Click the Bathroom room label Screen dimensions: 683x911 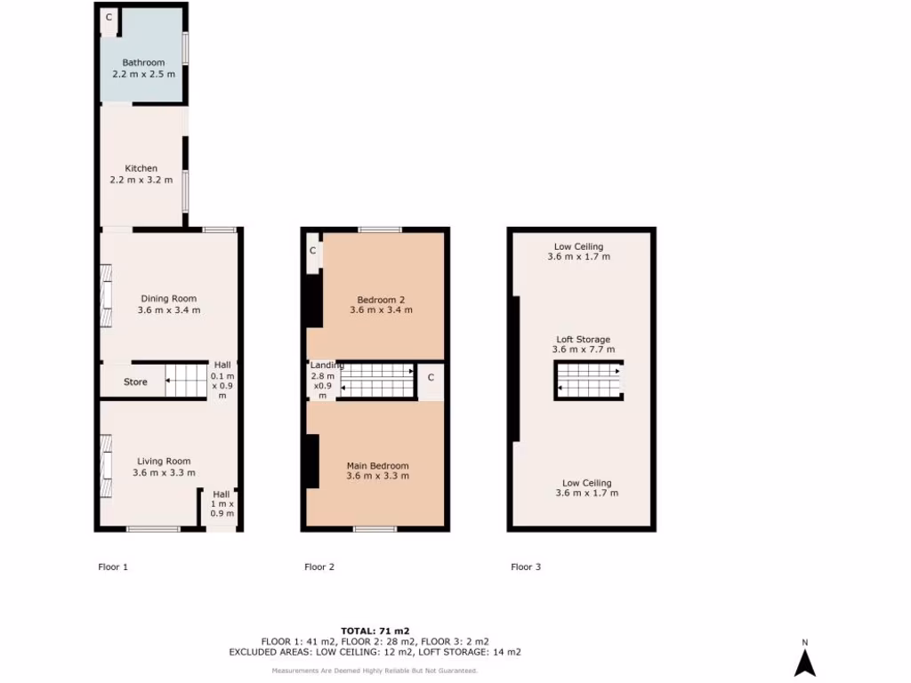pos(143,62)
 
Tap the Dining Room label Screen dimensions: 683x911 pos(168,299)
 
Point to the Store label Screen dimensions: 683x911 pos(135,382)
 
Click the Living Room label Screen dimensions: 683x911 pos(164,461)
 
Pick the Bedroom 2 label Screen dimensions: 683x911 pos(381,299)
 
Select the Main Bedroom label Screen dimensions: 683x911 pos(377,466)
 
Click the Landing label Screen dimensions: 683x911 pos(327,366)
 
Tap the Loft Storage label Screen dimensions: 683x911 pos(583,339)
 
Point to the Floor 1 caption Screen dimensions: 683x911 pos(113,566)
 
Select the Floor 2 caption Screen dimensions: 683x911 pos(319,566)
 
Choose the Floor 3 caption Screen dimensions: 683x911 pos(526,566)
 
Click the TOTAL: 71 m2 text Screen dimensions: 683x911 pos(375,631)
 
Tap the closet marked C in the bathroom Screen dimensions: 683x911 pos(109,17)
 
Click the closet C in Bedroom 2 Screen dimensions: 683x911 pos(313,251)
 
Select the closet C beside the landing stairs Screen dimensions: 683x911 pos(431,377)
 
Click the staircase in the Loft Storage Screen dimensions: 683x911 pos(588,380)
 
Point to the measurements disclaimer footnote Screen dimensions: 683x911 pos(375,671)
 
